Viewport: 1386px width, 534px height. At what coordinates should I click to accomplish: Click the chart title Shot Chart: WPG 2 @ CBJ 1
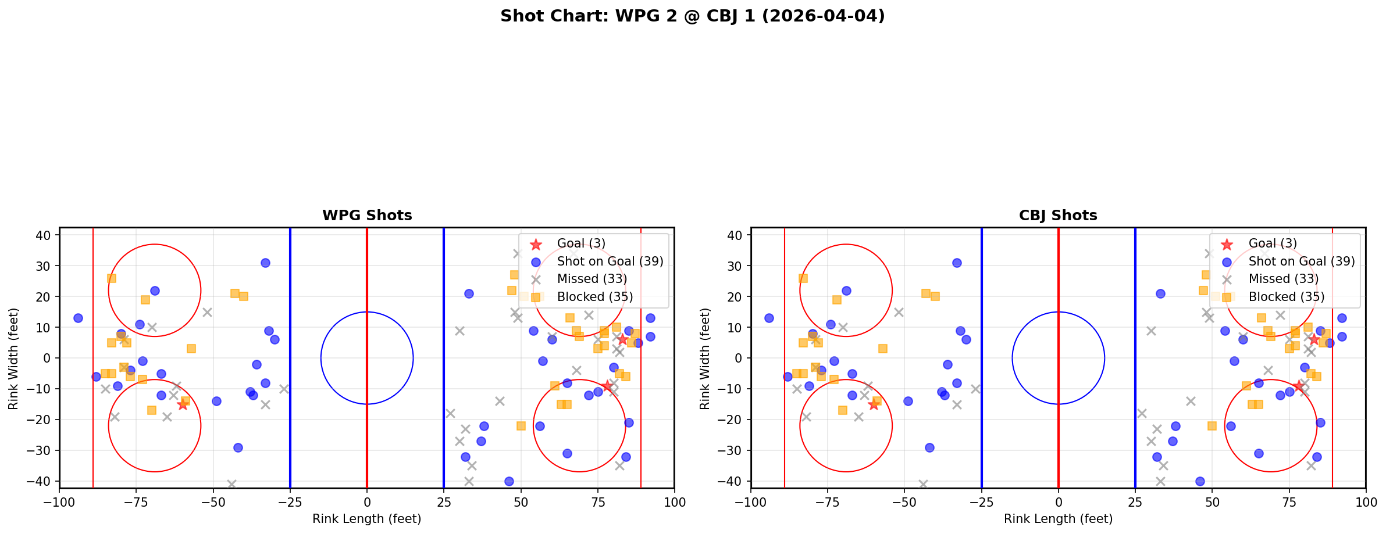coord(692,16)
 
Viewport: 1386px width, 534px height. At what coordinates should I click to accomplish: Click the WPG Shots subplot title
coord(367,216)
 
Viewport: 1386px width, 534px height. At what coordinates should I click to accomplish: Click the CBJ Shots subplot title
coord(1058,216)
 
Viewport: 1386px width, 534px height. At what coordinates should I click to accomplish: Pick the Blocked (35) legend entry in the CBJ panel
coord(1286,297)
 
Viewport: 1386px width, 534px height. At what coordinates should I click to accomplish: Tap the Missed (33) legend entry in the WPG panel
coord(592,279)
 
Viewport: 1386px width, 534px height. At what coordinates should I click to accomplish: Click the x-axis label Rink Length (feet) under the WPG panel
coord(367,519)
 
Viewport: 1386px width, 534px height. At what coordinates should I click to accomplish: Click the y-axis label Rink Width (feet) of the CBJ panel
coord(705,358)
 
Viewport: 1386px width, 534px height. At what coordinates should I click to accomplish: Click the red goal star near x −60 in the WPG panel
coord(183,404)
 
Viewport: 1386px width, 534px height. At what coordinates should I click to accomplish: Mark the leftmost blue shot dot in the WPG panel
coord(78,318)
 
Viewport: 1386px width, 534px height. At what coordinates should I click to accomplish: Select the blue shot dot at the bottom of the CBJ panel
coord(1199,481)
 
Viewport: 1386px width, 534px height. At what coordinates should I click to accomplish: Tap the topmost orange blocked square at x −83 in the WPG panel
coord(111,278)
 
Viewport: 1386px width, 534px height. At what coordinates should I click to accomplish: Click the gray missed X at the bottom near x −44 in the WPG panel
coord(231,484)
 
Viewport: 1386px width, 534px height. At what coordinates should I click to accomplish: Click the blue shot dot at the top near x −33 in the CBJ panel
coord(956,263)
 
